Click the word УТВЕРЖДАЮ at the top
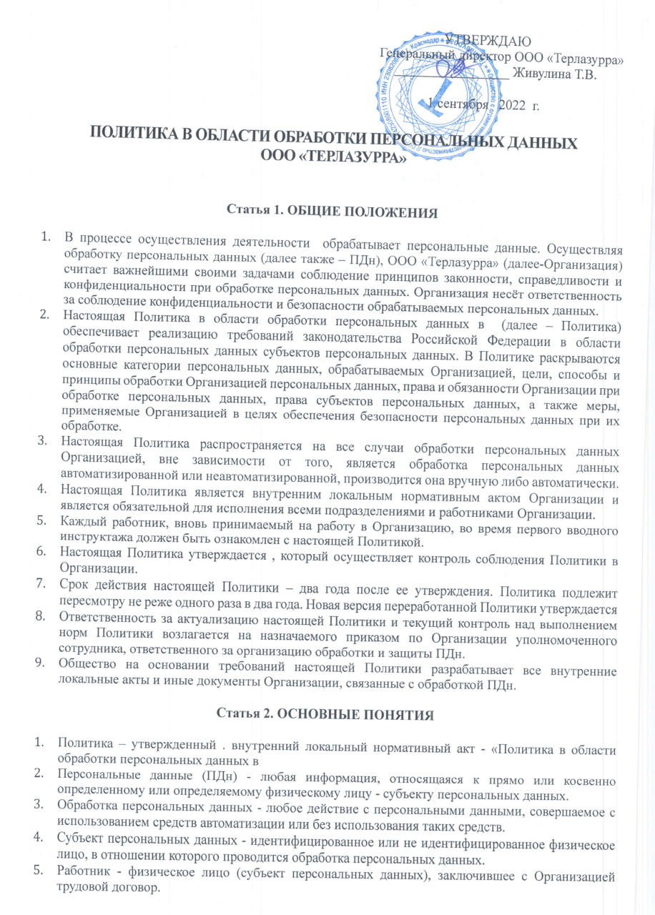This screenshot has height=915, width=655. (488, 39)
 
